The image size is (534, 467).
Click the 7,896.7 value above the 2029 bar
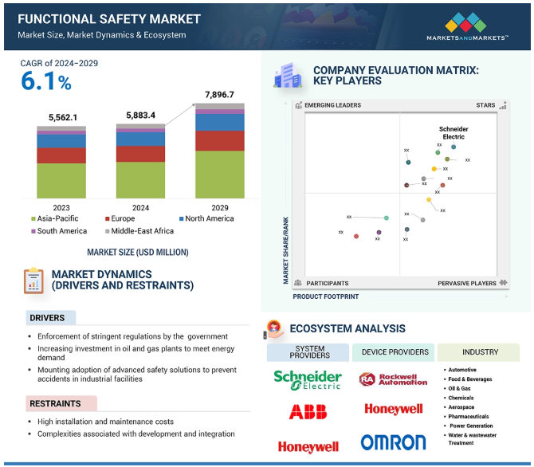(x=220, y=95)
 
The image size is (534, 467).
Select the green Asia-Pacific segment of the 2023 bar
(x=61, y=180)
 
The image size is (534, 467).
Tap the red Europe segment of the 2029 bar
(x=220, y=140)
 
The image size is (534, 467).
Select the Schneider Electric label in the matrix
(x=454, y=132)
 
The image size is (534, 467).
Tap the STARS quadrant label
(x=485, y=105)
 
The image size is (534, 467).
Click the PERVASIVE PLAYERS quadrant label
(x=466, y=283)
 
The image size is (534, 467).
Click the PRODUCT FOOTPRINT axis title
(x=325, y=296)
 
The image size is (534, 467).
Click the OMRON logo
(x=393, y=442)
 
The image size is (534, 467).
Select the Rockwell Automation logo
(x=393, y=379)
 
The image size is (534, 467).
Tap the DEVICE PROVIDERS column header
(x=395, y=352)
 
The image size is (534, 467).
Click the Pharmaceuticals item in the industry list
(x=468, y=416)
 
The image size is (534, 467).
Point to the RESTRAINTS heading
(x=56, y=404)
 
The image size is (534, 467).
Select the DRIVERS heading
(x=48, y=318)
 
